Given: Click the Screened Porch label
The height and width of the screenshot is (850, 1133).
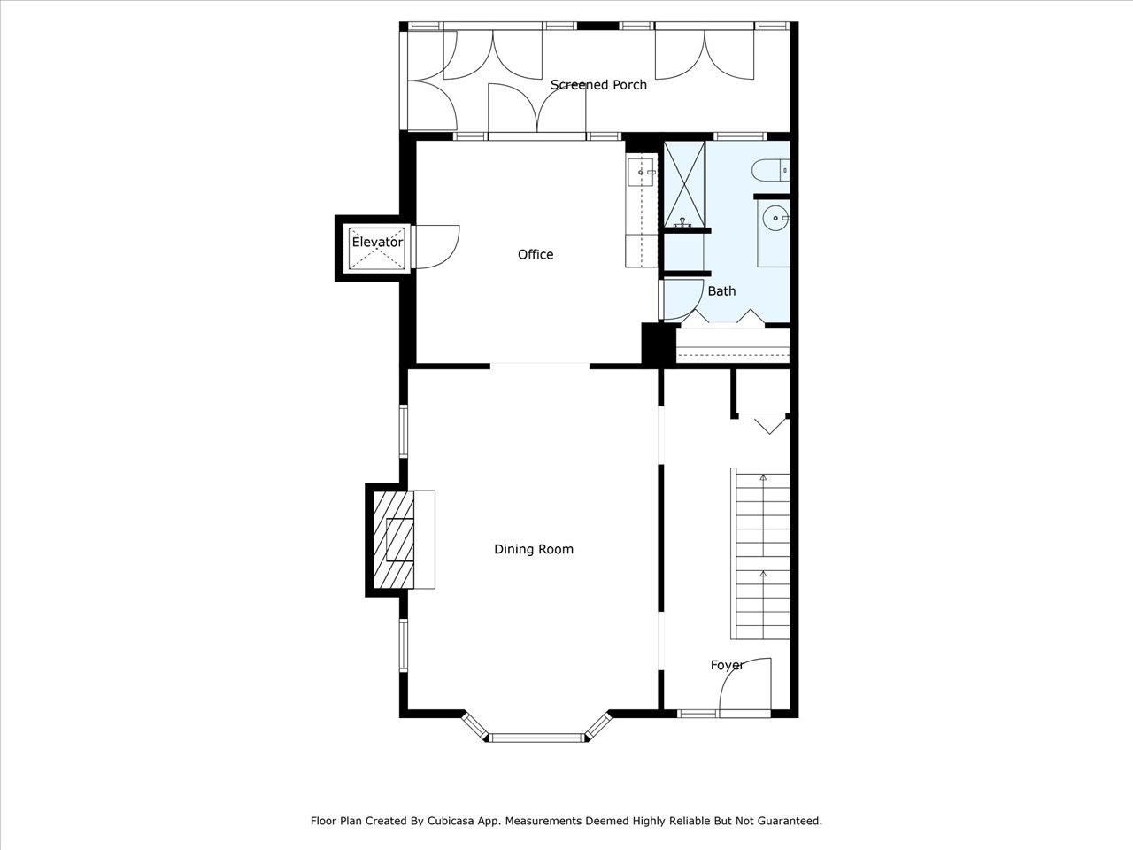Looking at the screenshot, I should (598, 85).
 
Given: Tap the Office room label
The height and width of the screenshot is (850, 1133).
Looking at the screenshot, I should (536, 255).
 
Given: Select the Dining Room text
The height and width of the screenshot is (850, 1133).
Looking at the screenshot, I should (534, 549).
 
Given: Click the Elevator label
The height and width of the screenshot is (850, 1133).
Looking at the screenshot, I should (377, 242).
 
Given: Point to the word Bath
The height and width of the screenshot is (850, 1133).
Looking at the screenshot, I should (721, 290).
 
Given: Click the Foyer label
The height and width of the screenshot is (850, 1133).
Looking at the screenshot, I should (727, 665).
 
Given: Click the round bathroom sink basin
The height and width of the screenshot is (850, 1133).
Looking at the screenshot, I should (775, 216).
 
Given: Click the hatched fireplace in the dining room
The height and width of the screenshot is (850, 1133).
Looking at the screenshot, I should (394, 539).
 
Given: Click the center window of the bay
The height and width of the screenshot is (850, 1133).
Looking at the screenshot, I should (537, 737).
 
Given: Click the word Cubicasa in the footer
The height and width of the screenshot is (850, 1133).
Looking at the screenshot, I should (456, 821).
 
